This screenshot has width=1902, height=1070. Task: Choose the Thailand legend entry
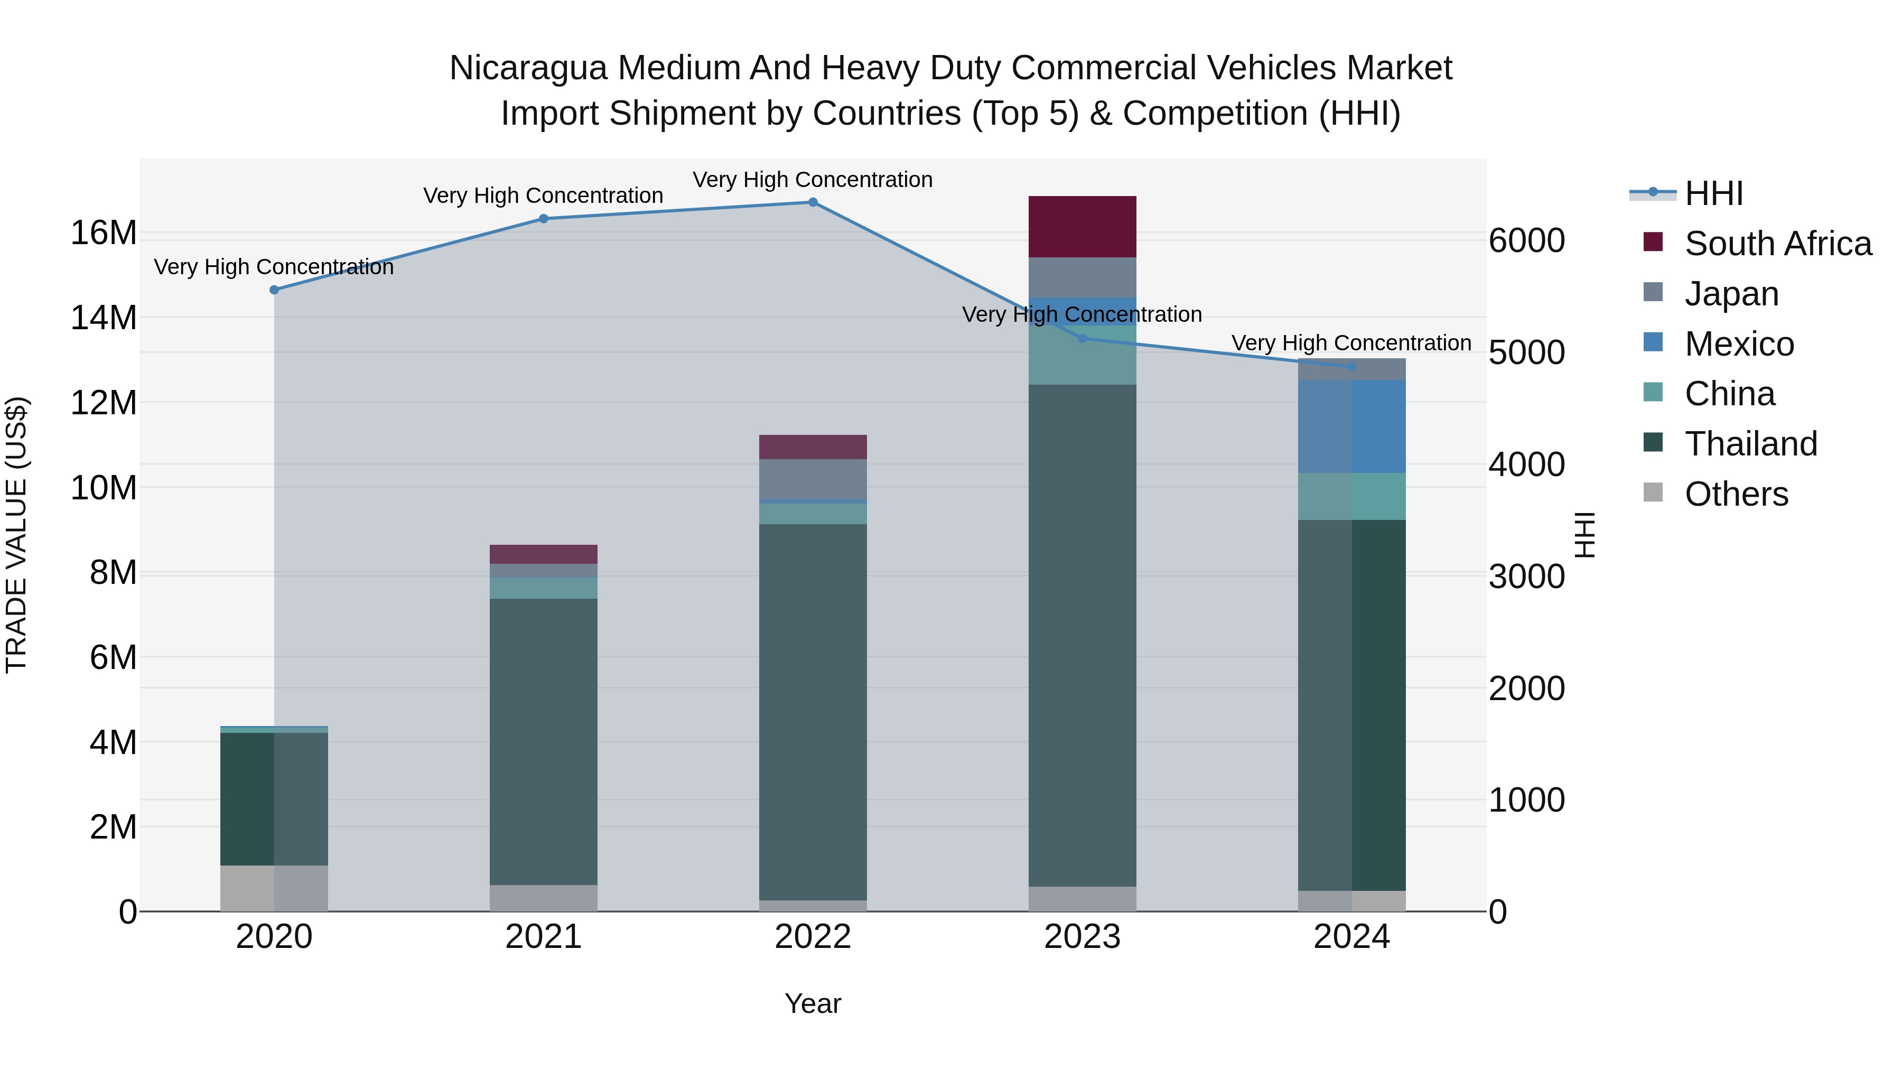1750,444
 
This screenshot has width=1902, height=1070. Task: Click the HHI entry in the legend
1713,193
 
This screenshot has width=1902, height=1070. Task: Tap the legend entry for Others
1735,494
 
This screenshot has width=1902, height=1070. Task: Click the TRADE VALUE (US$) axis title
16,535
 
